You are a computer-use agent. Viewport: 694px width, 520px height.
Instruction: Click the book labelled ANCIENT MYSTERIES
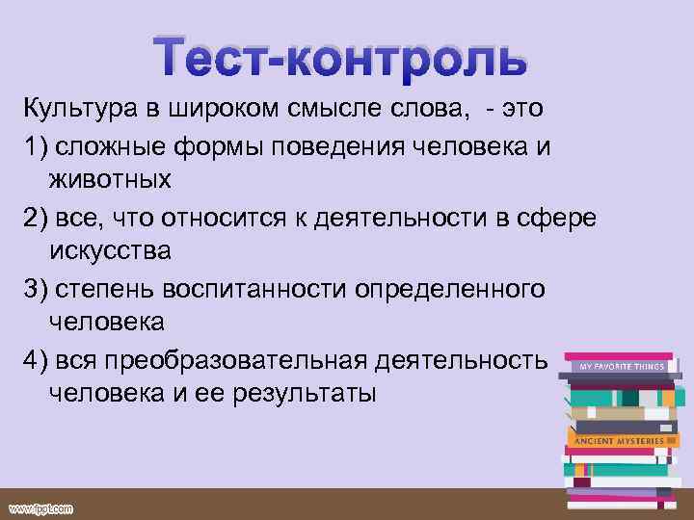[x=619, y=440]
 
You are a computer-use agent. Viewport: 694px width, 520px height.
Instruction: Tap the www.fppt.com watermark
[x=40, y=508]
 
